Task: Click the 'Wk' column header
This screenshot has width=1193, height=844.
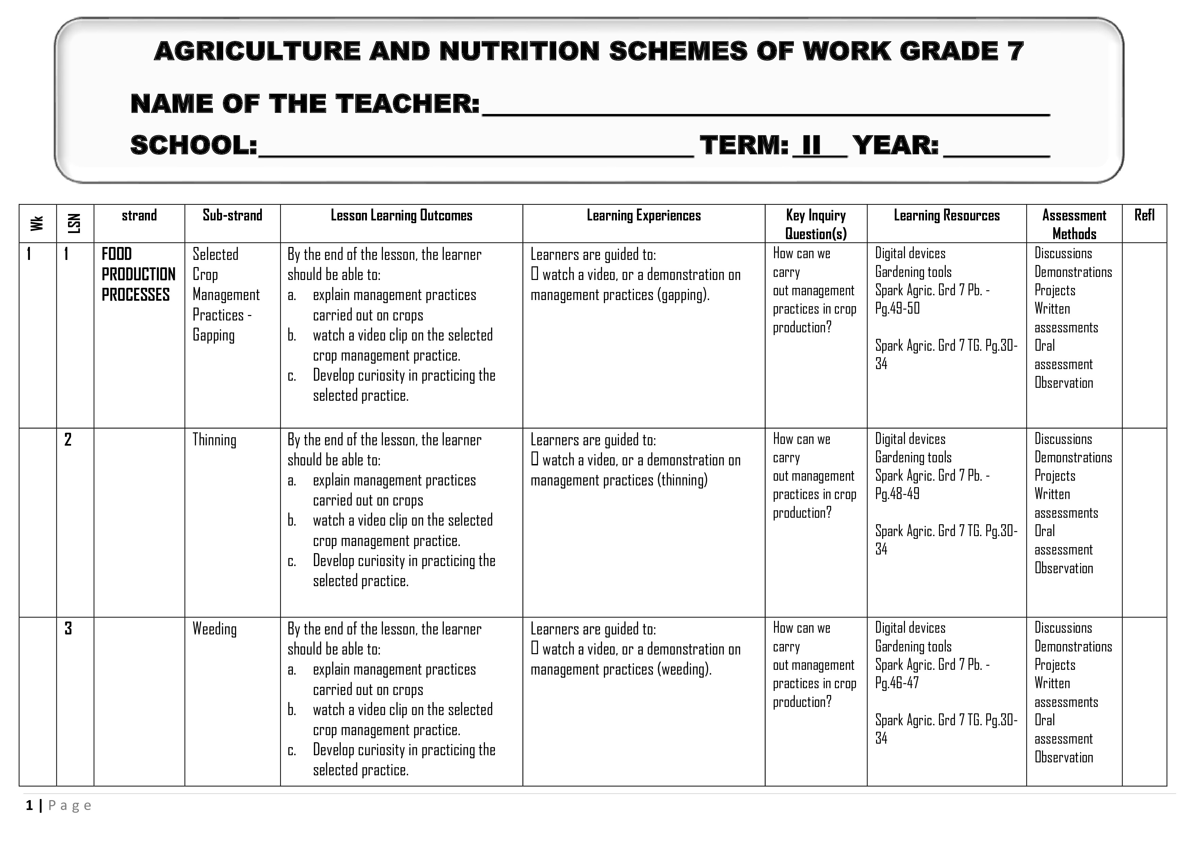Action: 37,224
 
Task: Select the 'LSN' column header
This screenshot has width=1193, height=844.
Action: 75,224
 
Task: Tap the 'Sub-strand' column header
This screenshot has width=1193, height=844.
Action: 232,215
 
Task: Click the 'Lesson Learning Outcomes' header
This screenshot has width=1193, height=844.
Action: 401,215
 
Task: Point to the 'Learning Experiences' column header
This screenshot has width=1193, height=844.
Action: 643,215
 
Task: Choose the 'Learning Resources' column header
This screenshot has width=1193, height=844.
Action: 946,215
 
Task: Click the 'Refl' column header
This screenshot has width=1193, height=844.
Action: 1144,215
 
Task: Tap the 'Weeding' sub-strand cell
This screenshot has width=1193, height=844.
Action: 214,629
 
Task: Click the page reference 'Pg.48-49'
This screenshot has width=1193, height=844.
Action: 897,494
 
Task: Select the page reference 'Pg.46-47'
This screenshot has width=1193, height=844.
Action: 897,682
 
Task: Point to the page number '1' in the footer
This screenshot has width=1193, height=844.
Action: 30,806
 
